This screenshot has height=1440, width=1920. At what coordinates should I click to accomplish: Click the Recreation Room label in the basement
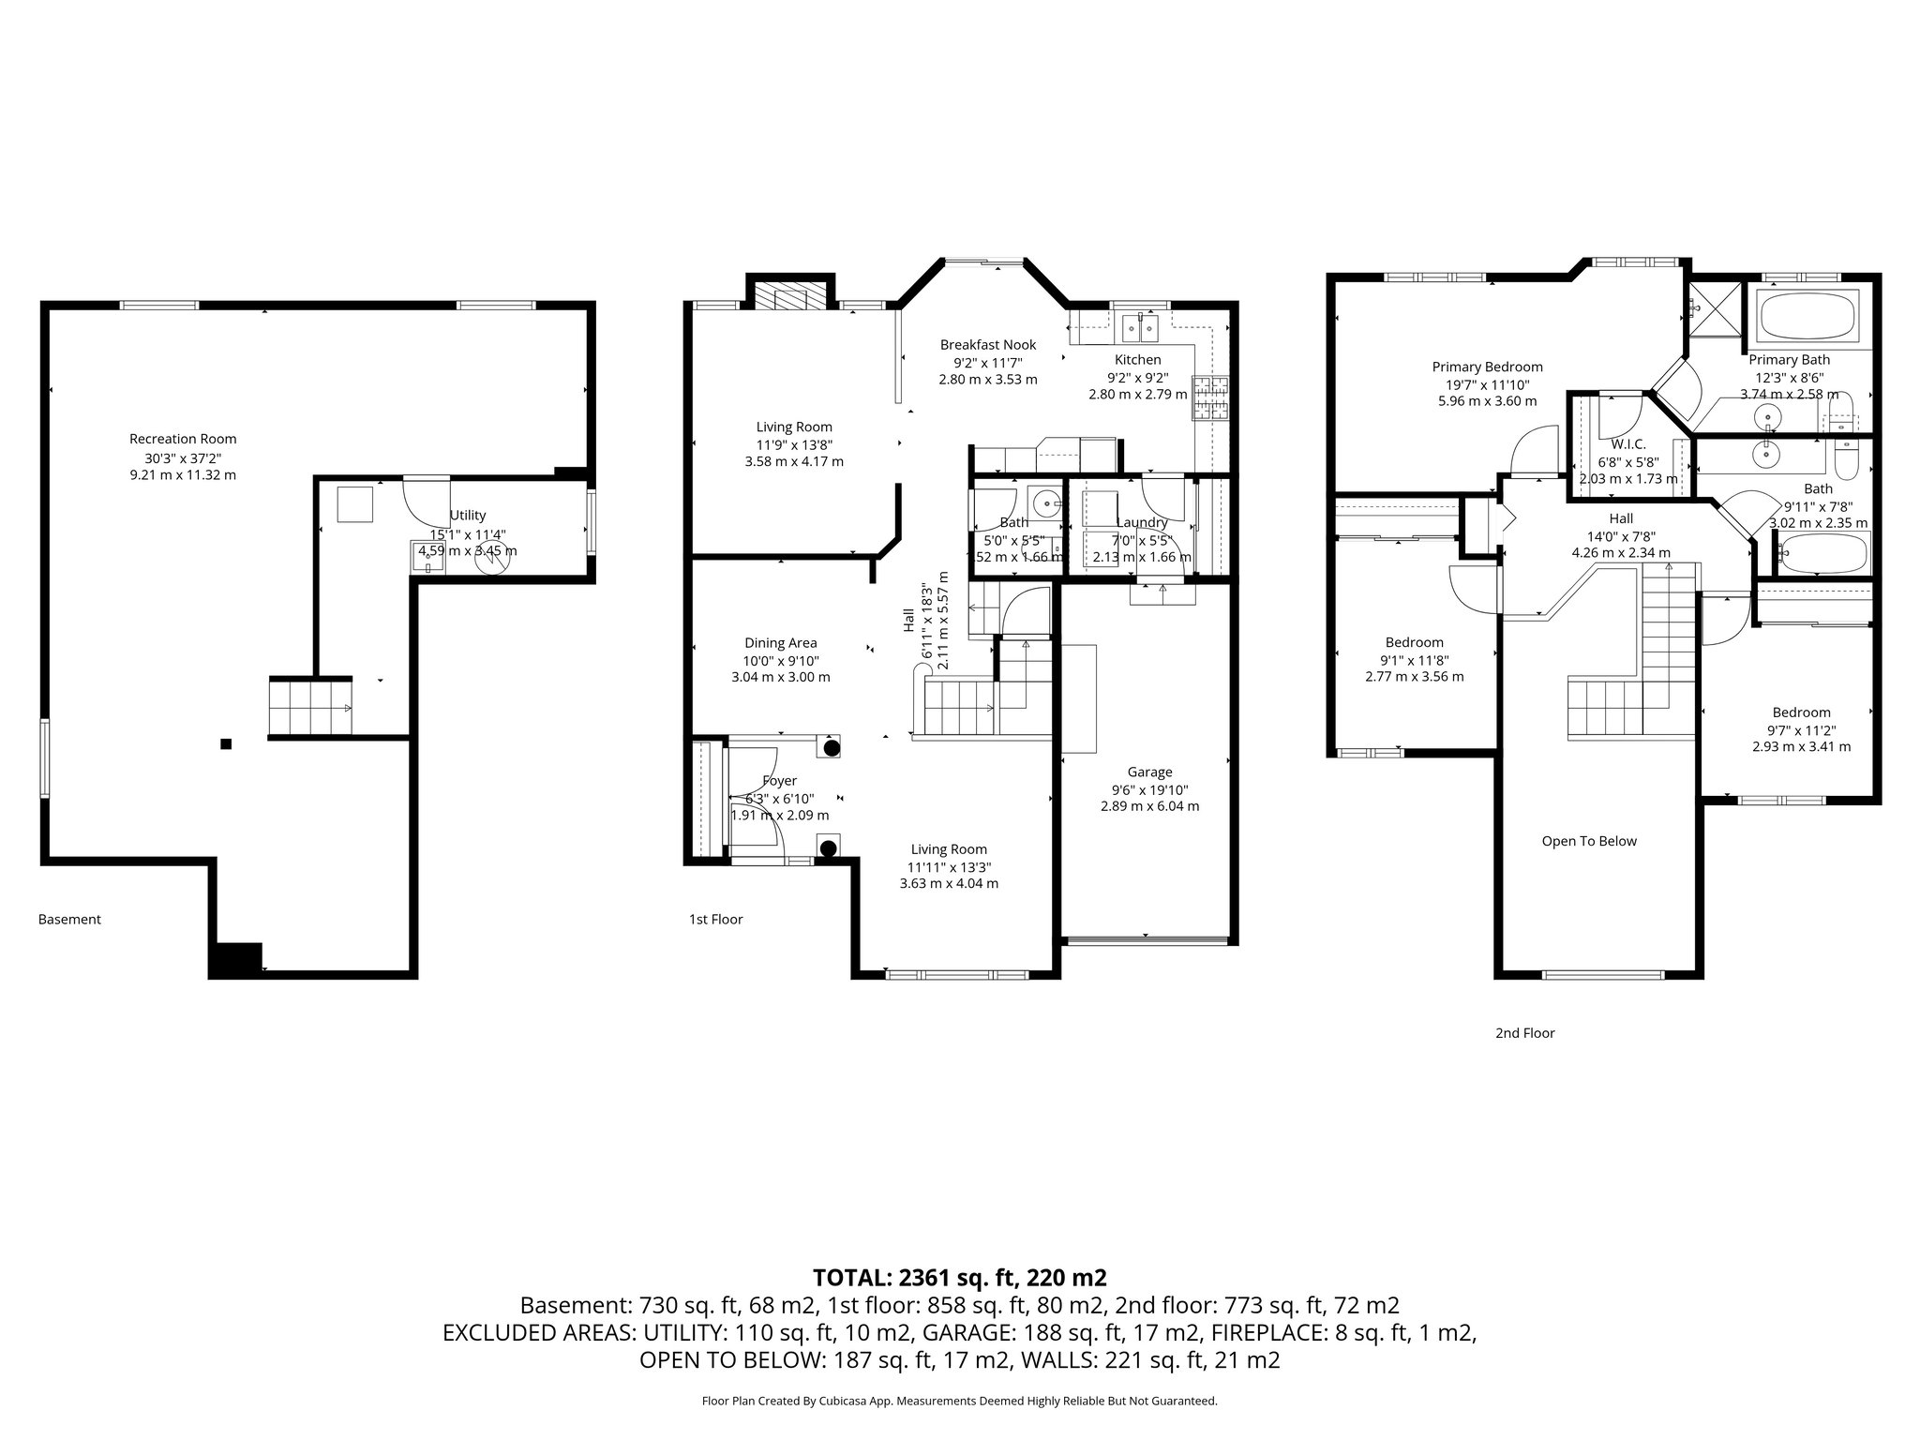coord(183,439)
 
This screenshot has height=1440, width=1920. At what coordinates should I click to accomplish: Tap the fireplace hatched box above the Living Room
coord(781,296)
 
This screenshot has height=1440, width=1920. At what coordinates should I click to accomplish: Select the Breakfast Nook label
coord(988,345)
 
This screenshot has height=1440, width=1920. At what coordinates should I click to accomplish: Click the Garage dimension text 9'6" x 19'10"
coord(1149,789)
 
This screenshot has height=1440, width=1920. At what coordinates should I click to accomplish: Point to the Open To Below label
coord(1589,841)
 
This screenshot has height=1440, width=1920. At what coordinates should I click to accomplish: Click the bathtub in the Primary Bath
coord(1807,315)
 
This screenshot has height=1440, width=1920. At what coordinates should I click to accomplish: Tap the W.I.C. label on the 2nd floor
coord(1628,444)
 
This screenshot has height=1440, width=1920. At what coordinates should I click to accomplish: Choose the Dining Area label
coord(780,643)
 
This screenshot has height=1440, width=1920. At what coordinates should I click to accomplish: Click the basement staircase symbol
coord(310,706)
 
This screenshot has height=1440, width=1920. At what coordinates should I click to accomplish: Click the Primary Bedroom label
coord(1487,367)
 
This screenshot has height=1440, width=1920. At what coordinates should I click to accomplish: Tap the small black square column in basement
coord(226,744)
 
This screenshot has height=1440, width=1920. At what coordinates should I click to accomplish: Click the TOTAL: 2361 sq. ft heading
coord(959,1277)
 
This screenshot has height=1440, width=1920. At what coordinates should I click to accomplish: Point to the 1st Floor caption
coord(715,920)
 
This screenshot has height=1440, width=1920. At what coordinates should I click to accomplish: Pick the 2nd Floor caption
coord(1524,1033)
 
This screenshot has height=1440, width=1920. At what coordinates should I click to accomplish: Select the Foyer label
coord(779,781)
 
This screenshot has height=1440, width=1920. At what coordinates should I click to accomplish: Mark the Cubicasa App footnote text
coord(959,1401)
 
